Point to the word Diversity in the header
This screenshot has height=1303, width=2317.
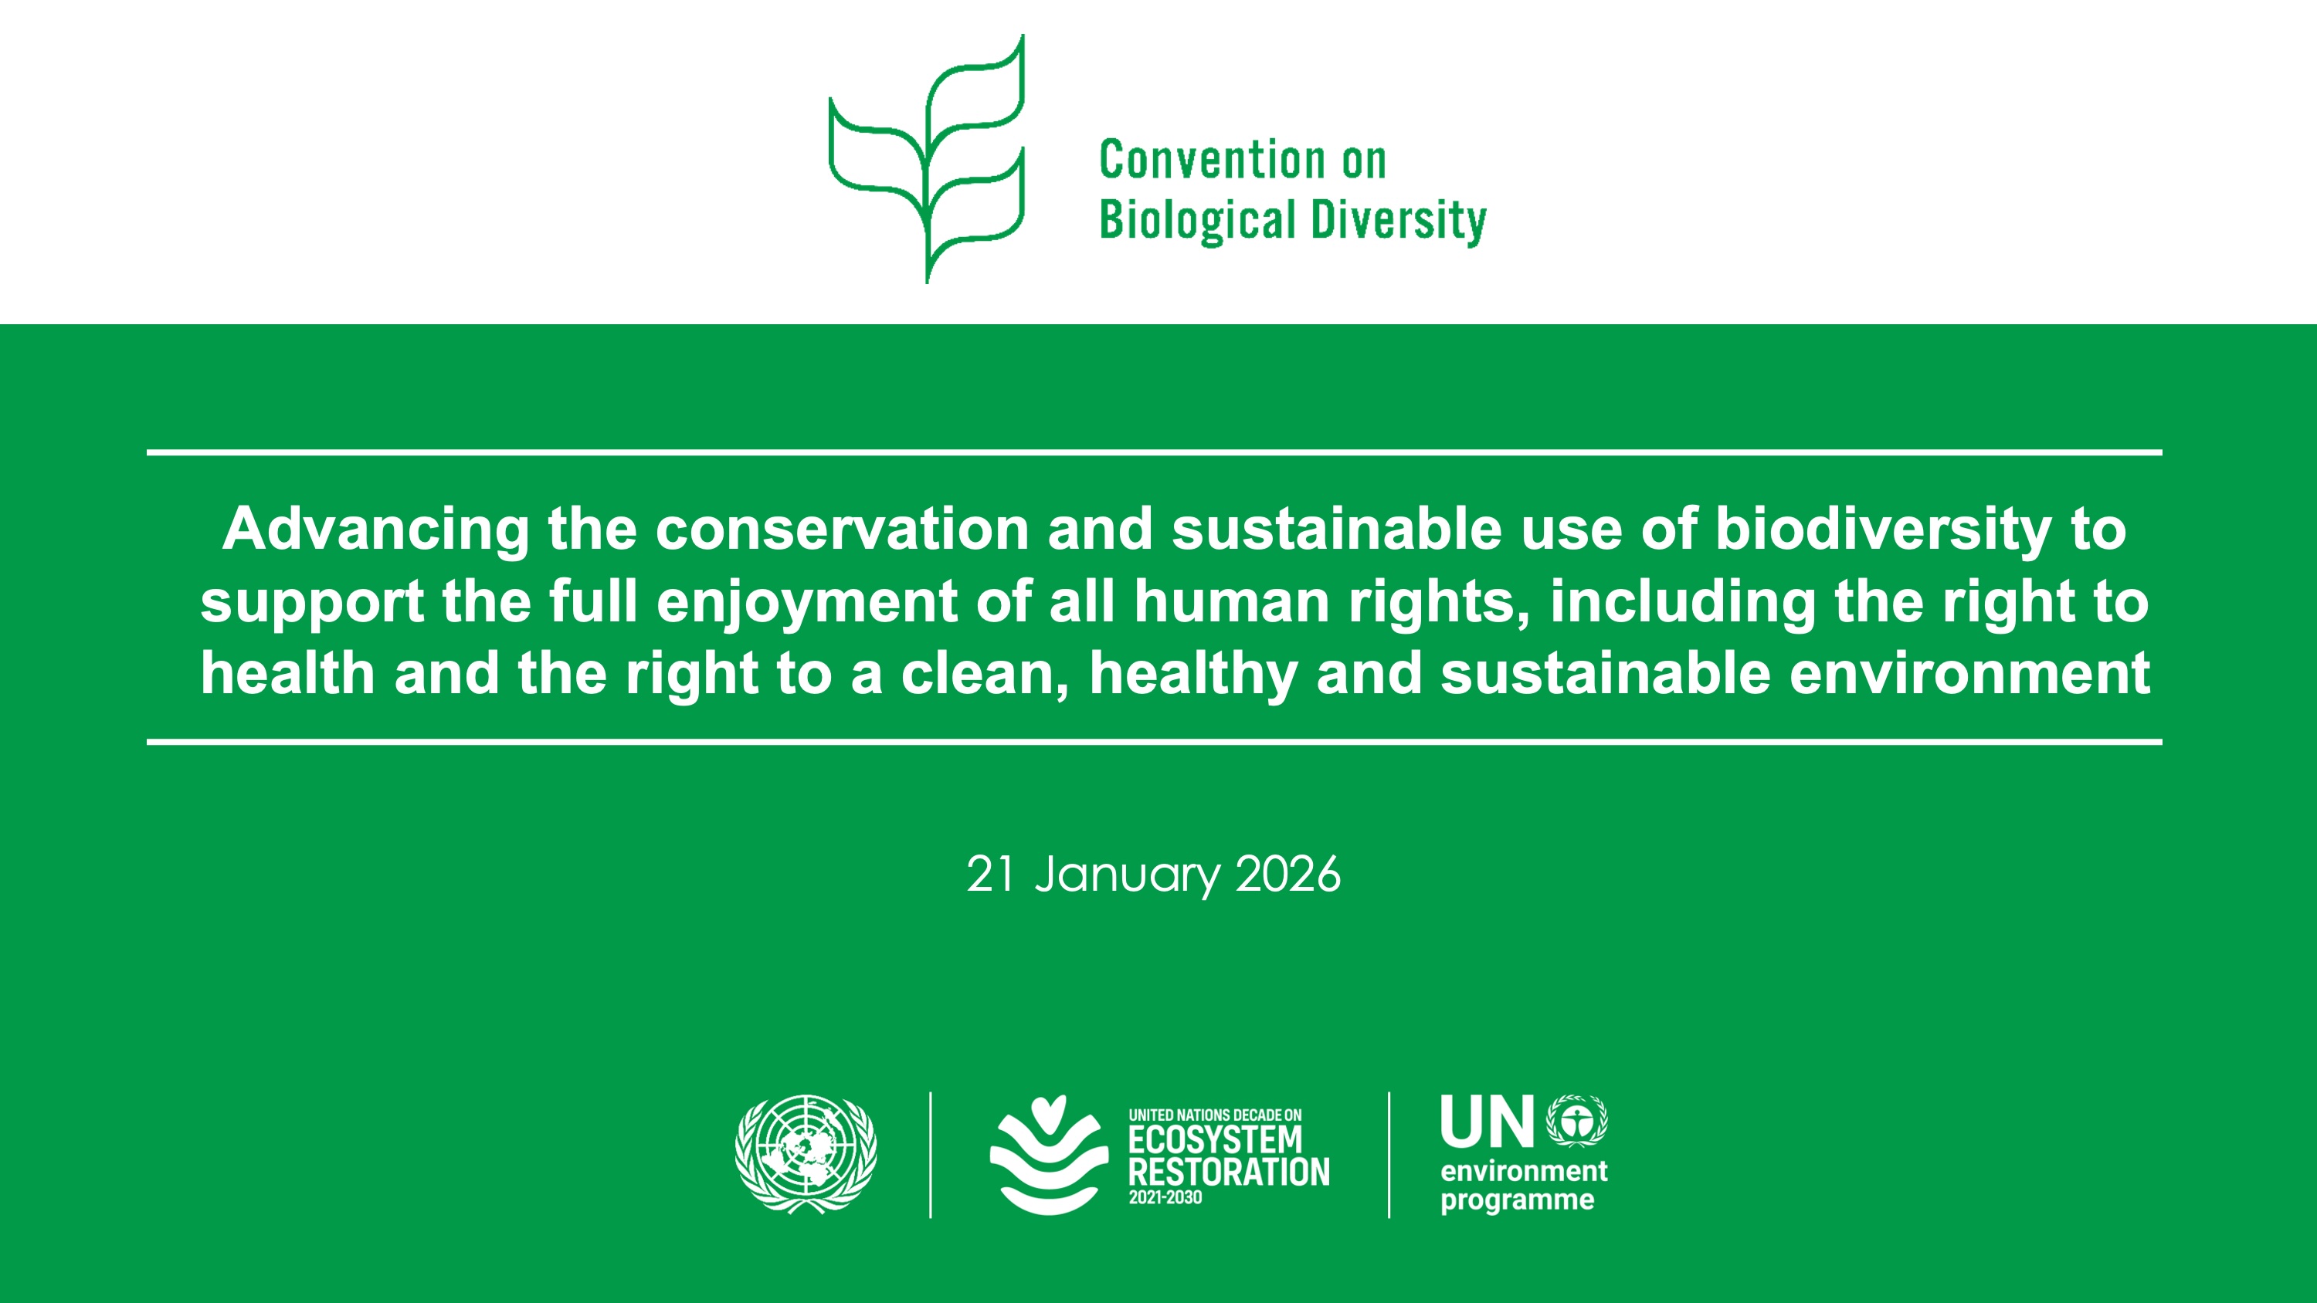pos(1399,222)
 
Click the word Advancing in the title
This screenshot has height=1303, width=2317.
pos(376,530)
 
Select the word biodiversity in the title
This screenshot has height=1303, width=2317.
pos(1884,530)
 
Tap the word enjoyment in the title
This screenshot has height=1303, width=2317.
pos(807,603)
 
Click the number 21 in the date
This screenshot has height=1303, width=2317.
pos(990,874)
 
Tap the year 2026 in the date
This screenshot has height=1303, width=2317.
pos(1288,874)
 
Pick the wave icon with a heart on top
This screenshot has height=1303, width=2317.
pos(1048,1155)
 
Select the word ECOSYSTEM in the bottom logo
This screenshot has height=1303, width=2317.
pos(1215,1140)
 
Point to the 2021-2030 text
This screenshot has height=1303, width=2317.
pos(1165,1198)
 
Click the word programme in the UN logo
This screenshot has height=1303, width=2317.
pos(1518,1200)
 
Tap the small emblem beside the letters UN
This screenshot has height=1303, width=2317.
pos(1577,1121)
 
